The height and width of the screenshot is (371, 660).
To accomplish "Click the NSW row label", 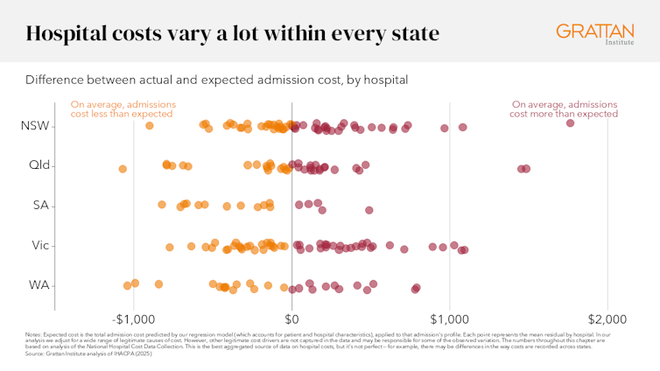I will coord(36,126).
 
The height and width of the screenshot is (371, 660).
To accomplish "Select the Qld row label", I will coord(39,165).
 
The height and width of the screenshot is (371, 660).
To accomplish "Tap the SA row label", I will coord(40,206).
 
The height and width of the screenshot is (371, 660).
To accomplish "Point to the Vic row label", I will coord(39,245).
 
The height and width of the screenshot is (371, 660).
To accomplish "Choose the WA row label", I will coord(39,285).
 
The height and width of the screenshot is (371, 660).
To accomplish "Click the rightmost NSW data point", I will coord(571,123).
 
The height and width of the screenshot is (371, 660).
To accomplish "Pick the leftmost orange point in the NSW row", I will coord(150,126).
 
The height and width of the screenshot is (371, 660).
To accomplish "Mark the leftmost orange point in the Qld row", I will coord(123,169).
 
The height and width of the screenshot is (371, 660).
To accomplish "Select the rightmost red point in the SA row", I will coord(369,210).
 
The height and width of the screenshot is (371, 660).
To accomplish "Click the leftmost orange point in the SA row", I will coord(162,205).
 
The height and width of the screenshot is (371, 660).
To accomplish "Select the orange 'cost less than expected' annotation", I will coord(123,108).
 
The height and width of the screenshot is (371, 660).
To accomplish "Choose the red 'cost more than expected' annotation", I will coord(564,108).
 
